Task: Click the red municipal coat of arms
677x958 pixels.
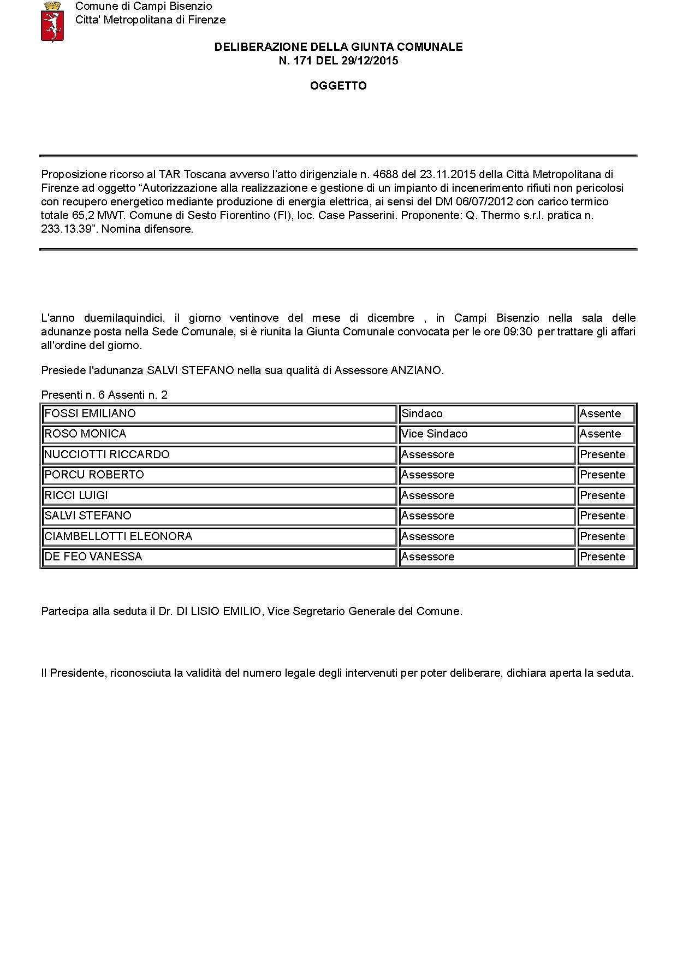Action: click(x=52, y=21)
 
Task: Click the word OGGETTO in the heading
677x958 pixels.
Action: click(x=338, y=86)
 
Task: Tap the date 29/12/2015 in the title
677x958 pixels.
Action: click(x=370, y=61)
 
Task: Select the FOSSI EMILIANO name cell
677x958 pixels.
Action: click(x=218, y=413)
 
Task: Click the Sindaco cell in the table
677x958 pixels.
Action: click(x=486, y=413)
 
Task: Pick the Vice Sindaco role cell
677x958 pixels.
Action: click(x=486, y=434)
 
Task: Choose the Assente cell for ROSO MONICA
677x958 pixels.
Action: click(x=606, y=434)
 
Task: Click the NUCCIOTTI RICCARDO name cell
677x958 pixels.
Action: click(x=218, y=454)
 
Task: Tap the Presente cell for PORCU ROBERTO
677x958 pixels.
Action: click(x=606, y=475)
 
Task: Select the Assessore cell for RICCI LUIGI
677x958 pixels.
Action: click(x=486, y=495)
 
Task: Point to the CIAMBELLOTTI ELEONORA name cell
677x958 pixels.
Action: click(x=218, y=536)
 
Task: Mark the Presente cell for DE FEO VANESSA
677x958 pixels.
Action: click(x=606, y=557)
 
